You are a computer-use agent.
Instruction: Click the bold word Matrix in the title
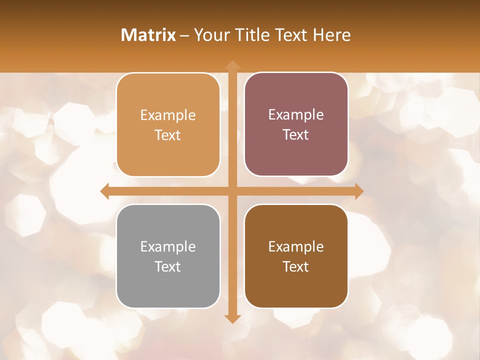pyautogui.click(x=148, y=35)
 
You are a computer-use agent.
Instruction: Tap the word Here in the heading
pyautogui.click(x=331, y=35)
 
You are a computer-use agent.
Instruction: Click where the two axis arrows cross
pyautogui.click(x=232, y=191)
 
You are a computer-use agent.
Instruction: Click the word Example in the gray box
pyautogui.click(x=168, y=246)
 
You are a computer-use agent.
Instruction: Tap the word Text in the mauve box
pyautogui.click(x=296, y=134)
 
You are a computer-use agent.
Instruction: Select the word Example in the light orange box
pyautogui.click(x=168, y=115)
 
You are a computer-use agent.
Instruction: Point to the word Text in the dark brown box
pyautogui.click(x=296, y=266)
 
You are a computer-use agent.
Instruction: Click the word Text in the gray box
pyautogui.click(x=168, y=266)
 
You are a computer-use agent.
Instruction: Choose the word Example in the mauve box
pyautogui.click(x=296, y=114)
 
